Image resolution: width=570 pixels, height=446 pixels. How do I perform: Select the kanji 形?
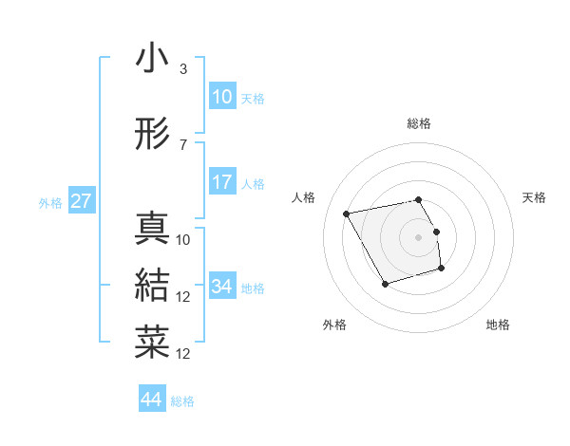[152, 135]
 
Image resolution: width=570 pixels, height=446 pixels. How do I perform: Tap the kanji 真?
[152, 229]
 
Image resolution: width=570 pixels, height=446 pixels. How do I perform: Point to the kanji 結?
[152, 285]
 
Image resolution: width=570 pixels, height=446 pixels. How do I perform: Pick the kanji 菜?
[152, 342]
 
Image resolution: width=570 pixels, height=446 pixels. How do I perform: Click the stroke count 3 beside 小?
[182, 69]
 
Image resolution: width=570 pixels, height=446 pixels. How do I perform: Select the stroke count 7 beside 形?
[182, 145]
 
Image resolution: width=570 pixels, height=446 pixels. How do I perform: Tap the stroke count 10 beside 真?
[183, 240]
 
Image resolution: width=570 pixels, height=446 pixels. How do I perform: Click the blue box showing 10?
[222, 97]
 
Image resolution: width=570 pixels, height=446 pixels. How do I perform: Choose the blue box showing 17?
[222, 182]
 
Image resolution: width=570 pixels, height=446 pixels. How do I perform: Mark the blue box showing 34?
[222, 287]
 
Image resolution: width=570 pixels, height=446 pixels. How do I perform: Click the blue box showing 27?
[81, 201]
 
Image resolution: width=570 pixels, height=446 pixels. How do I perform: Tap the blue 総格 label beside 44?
[182, 401]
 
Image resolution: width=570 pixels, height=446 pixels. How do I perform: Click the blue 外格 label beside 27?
[50, 202]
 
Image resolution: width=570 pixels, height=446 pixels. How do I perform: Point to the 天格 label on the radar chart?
[534, 197]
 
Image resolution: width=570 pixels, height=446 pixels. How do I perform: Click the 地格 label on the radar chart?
[498, 325]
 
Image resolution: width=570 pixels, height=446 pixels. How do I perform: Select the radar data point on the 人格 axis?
[346, 213]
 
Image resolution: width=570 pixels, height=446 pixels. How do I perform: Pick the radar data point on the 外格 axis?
[384, 284]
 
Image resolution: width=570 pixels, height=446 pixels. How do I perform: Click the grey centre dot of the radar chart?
[419, 236]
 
